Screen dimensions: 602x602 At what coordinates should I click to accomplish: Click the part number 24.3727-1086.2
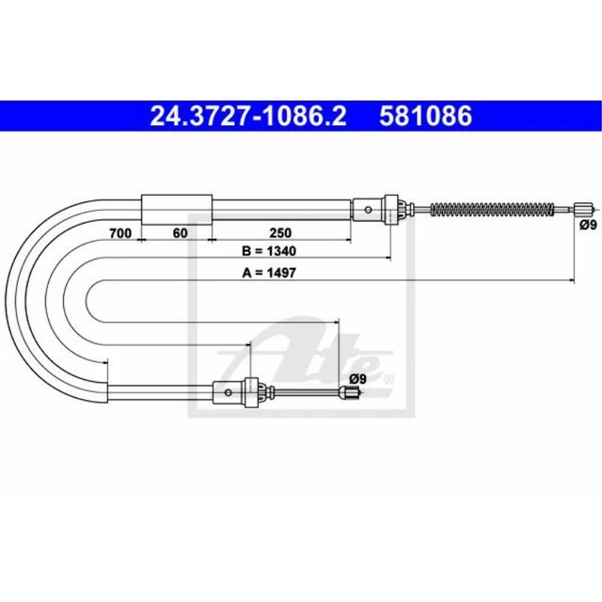click(247, 117)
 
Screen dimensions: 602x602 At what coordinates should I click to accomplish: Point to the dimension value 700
click(119, 231)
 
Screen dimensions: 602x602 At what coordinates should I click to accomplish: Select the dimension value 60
click(181, 231)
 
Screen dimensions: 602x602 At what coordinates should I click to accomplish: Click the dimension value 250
click(280, 231)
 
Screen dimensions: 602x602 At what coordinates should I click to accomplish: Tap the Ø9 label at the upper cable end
click(588, 226)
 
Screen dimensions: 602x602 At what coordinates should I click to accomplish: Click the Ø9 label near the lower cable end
click(356, 379)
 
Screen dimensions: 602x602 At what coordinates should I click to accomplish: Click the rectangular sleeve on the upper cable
click(176, 206)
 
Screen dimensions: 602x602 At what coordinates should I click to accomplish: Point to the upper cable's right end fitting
click(585, 208)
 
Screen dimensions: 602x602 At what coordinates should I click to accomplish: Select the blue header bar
click(301, 117)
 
